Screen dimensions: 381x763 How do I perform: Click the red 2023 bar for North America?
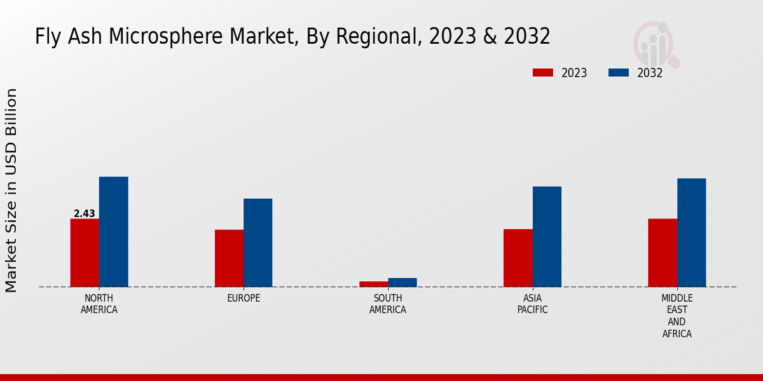(x=85, y=253)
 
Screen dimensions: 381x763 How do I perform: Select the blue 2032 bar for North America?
(x=113, y=232)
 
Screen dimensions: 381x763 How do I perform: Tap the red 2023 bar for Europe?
(x=229, y=258)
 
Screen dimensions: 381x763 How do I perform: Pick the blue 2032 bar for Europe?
(x=258, y=243)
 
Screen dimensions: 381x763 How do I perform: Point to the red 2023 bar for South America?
(x=373, y=284)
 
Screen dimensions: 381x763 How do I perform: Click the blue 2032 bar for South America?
(x=402, y=283)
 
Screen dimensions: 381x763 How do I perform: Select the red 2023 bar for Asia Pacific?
(x=518, y=258)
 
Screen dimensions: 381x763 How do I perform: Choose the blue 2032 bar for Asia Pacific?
(x=547, y=236)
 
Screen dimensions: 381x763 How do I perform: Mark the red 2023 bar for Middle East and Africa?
(x=663, y=253)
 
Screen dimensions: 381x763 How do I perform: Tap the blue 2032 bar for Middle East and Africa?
(x=691, y=232)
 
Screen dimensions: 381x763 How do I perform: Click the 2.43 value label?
(x=84, y=213)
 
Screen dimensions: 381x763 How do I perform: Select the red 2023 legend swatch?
(x=542, y=73)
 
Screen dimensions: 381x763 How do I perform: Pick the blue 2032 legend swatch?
(x=619, y=73)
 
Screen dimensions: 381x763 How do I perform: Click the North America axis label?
(x=99, y=304)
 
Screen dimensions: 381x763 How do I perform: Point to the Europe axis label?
(x=244, y=298)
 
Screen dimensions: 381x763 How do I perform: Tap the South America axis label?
(x=388, y=304)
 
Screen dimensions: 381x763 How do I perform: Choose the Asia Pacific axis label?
(x=532, y=304)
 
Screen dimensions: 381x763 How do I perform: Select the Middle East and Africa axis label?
(x=677, y=316)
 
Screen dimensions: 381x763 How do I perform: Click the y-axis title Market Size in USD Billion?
(x=11, y=190)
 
